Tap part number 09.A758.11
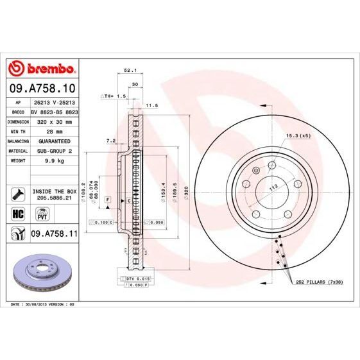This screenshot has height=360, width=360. (x=54, y=235)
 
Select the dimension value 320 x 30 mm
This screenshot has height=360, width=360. (x=55, y=121)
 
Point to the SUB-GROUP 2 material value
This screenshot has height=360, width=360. (x=55, y=151)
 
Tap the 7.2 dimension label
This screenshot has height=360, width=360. (x=110, y=141)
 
